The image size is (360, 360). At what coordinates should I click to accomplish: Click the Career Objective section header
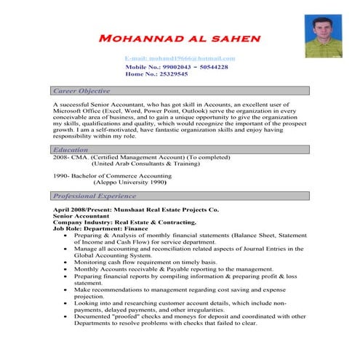point(81,92)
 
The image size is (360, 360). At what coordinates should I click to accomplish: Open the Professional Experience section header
point(95,196)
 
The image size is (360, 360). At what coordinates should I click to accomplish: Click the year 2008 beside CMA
point(61,156)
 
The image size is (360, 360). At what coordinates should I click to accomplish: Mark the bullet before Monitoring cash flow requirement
point(67,261)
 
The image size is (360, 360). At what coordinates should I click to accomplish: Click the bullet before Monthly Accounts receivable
point(67,268)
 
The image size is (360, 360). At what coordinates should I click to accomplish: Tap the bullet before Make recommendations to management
point(67,289)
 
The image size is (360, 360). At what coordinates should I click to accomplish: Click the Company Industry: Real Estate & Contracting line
point(125,223)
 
